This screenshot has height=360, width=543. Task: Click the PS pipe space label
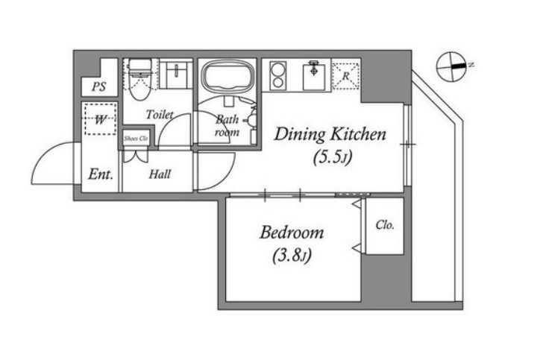tap(99, 86)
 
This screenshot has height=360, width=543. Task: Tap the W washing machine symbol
tap(100, 119)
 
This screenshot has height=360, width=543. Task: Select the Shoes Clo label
tap(136, 139)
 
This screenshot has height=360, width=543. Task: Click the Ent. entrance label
tap(101, 174)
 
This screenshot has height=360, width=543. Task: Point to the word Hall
tap(160, 174)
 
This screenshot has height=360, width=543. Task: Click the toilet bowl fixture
tap(140, 79)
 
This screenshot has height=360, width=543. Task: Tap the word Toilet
tap(160, 115)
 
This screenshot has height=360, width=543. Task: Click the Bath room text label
tap(227, 126)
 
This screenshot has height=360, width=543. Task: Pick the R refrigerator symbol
tap(346, 75)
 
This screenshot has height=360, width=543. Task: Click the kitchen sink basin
tap(314, 77)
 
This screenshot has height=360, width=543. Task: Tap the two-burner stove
tap(277, 76)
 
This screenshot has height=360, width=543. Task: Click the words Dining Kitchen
tap(330, 134)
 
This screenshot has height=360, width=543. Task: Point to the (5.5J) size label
tap(333, 157)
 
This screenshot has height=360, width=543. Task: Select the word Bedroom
tap(292, 233)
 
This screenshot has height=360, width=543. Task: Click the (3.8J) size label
tap(292, 256)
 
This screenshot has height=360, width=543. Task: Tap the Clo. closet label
tap(385, 225)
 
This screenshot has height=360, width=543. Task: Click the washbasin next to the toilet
tap(175, 75)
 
